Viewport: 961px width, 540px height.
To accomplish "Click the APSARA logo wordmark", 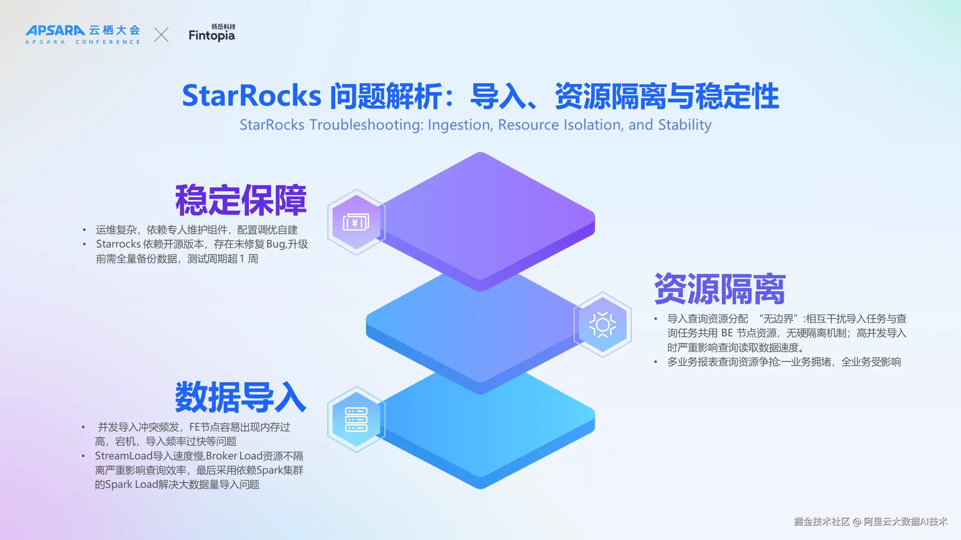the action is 55,30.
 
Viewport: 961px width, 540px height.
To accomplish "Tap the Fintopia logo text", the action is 212,36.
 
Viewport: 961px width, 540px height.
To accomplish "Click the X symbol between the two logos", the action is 161,34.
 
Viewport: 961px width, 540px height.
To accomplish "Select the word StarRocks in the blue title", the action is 252,96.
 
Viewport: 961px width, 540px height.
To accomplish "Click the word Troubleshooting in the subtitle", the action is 366,125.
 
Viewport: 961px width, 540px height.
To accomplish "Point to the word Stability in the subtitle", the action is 685,125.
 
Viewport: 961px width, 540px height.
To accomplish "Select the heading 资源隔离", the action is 720,289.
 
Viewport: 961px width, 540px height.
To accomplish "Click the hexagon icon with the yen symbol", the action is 356,222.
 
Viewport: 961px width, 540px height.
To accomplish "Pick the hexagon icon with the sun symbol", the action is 603,325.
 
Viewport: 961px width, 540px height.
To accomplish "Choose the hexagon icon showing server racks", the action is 356,420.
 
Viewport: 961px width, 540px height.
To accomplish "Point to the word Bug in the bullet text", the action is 276,244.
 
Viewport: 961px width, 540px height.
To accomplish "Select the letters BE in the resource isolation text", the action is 727,333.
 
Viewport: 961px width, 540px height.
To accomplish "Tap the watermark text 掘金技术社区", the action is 822,522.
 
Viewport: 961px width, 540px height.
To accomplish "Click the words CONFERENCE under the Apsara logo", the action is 108,42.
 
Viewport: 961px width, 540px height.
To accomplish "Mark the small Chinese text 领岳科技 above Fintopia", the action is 223,26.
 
